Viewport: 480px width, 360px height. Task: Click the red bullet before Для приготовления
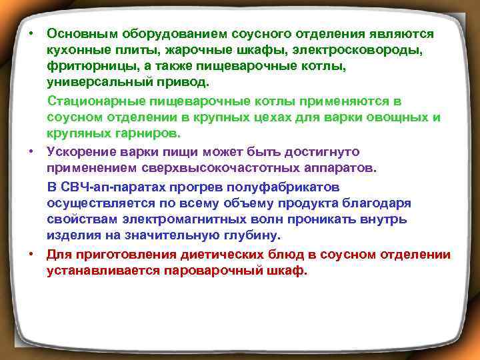(31, 255)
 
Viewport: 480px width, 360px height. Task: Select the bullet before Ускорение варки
(31, 152)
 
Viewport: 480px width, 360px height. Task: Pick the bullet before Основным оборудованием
(31, 33)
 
